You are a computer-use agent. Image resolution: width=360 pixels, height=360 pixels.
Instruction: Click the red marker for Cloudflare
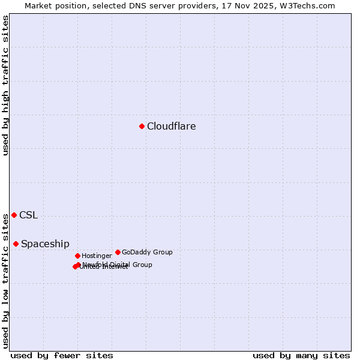point(142,126)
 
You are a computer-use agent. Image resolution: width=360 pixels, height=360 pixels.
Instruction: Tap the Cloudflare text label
point(171,126)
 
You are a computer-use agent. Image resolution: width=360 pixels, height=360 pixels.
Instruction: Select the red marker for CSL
point(14,215)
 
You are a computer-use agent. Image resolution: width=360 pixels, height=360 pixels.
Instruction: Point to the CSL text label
point(28,215)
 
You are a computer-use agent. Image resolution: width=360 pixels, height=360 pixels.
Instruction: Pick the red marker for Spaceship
point(16,244)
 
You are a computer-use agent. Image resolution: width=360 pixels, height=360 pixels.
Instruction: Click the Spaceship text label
point(45,244)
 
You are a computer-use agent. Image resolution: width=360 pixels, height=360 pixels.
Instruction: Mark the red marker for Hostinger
point(77,256)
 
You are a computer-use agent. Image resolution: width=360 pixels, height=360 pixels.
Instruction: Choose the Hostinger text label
point(97,256)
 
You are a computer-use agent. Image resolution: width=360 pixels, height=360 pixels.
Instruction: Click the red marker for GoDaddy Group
point(118,252)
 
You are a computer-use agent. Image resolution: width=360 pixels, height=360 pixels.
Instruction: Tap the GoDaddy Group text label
point(147,253)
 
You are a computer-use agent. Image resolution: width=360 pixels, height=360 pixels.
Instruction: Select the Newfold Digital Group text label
point(118,265)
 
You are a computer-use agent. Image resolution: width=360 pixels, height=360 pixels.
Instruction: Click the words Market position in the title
point(55,5)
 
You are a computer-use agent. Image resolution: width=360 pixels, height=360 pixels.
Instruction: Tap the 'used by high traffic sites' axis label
point(5,85)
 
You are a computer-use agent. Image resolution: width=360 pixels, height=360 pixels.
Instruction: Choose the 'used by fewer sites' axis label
point(62,355)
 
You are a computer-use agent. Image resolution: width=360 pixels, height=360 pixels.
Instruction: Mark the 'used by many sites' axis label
point(301,355)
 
